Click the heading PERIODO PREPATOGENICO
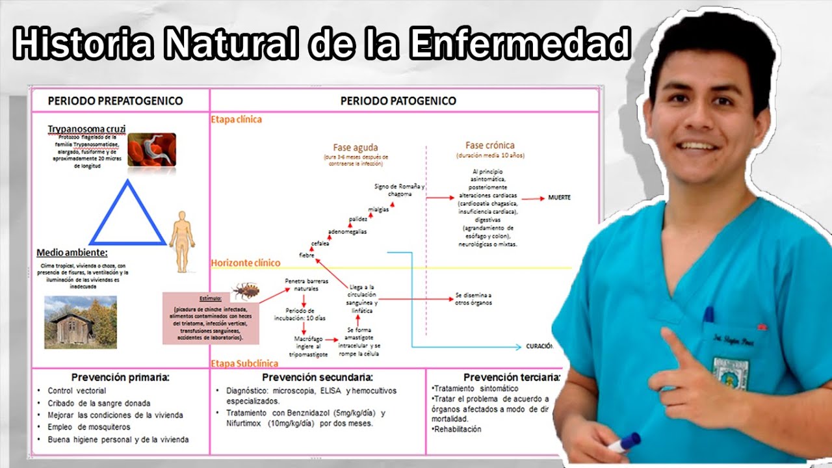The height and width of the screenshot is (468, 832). [116, 101]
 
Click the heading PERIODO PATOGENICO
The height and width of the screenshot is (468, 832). [398, 101]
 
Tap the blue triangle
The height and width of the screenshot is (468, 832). [127, 215]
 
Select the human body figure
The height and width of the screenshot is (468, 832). [182, 240]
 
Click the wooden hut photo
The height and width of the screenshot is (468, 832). [80, 321]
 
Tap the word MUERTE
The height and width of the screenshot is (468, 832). [559, 198]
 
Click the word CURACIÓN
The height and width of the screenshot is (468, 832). [539, 346]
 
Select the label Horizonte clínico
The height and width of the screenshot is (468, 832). [246, 263]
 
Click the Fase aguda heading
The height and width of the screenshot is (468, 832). [356, 148]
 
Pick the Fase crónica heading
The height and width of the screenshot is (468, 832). [489, 146]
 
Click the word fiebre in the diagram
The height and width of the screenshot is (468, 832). [307, 254]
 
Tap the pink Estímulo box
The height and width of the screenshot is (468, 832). [211, 317]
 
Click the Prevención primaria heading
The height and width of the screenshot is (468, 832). [121, 377]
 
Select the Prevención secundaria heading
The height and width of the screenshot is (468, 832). [317, 377]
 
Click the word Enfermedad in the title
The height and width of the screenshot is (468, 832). [521, 45]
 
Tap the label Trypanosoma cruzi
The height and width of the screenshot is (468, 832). [86, 129]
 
